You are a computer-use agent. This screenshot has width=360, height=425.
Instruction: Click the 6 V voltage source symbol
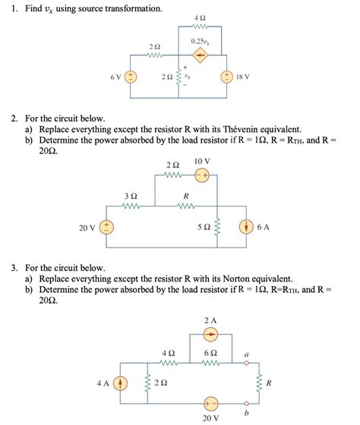(131, 77)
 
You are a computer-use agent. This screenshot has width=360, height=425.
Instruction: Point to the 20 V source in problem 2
(108, 227)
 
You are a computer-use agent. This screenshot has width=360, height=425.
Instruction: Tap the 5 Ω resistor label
(204, 227)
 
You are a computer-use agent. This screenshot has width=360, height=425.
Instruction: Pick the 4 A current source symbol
(121, 383)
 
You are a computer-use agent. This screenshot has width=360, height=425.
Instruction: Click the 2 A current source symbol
(210, 335)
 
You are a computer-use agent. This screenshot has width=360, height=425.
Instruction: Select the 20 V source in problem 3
(210, 403)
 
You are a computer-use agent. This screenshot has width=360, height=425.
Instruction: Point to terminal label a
(247, 354)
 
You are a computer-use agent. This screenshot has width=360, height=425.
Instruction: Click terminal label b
(247, 413)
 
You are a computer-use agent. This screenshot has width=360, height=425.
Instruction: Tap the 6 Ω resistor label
(210, 353)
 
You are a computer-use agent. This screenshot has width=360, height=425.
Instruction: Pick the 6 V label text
(113, 77)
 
